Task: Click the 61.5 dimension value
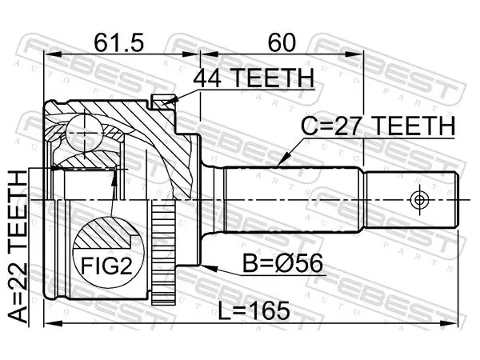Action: pos(118,42)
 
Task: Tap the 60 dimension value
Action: pos(282,42)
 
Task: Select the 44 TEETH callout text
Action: pos(254,78)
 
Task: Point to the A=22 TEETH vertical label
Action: pos(18,246)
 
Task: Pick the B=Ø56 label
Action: pos(282,263)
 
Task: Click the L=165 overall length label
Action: pos(254,310)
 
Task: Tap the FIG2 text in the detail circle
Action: pos(106,266)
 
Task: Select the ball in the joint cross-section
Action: pos(83,133)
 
